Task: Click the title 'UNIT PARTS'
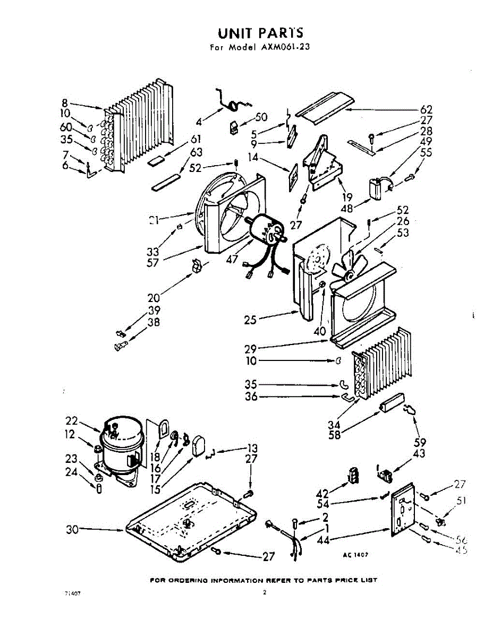(260, 33)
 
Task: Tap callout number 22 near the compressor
(72, 421)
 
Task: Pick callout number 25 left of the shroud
(250, 320)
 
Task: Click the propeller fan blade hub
(350, 274)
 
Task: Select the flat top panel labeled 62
(321, 107)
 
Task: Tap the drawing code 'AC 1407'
(355, 554)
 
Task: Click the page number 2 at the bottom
(264, 592)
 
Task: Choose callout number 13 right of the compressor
(252, 447)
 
